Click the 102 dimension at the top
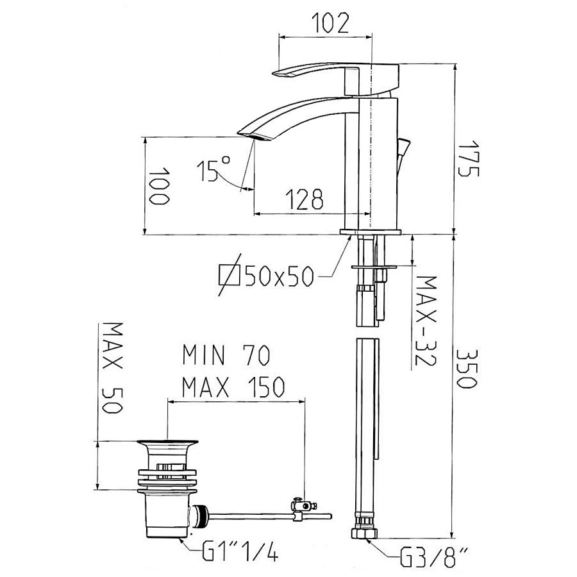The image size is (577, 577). [330, 24]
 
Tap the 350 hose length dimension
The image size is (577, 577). [467, 369]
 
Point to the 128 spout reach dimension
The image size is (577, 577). [305, 199]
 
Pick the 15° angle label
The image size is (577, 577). [213, 169]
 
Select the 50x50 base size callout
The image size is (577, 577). [280, 276]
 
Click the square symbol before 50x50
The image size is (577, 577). [230, 275]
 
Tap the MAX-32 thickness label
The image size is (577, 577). [426, 321]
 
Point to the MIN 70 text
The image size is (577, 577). [227, 355]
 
